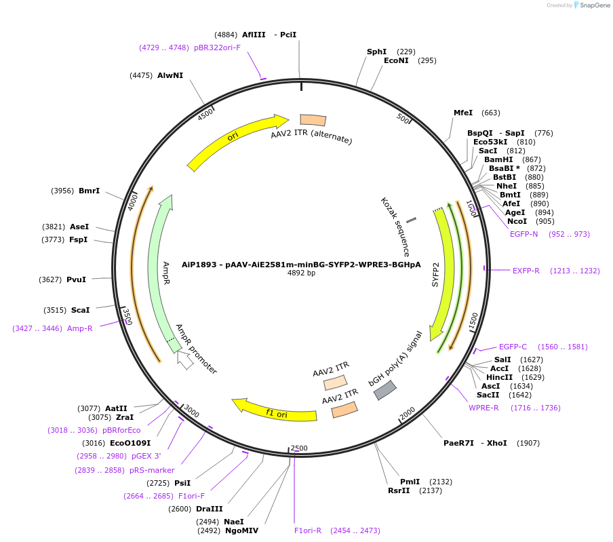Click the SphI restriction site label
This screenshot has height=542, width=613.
(x=376, y=52)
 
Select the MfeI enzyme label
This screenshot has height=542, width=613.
(x=463, y=113)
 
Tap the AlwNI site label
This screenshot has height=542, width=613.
(x=170, y=75)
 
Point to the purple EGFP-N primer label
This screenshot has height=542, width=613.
(x=523, y=234)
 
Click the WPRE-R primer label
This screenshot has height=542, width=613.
(x=483, y=408)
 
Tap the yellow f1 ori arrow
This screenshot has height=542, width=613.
(x=275, y=410)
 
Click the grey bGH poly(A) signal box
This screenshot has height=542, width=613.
(x=385, y=390)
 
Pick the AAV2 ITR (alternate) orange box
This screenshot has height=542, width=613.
(x=313, y=120)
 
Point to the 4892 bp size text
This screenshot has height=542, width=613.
(x=301, y=273)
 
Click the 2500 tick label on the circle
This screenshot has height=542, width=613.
(x=299, y=448)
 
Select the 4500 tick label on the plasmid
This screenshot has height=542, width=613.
(x=205, y=115)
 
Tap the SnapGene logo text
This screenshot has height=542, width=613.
(x=592, y=5)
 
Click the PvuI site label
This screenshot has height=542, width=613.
(x=76, y=279)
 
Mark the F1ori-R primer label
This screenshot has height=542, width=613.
(x=308, y=530)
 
